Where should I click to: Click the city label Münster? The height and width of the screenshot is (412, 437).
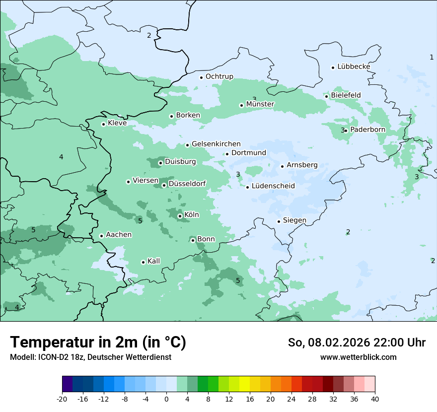coord(260,104)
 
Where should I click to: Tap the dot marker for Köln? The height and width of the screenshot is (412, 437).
coord(180,216)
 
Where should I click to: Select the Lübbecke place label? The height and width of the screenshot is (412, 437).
coord(354,67)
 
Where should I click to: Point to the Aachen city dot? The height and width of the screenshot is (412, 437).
coord(101,236)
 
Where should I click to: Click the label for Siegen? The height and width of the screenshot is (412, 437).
coord(294,220)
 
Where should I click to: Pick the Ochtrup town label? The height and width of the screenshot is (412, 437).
coord(219,76)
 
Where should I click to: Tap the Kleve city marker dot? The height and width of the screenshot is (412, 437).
coord(103,124)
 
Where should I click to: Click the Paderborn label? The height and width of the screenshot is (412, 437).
coord(367,130)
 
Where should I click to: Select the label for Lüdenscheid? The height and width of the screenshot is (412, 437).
coord(273,186)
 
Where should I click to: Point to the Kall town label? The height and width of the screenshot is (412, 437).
coord(154,261)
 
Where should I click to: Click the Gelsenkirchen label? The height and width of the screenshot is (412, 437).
coord(216,144)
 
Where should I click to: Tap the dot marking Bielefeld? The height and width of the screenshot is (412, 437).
coord(326,96)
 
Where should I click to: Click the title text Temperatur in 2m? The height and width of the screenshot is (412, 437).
coord(98,343)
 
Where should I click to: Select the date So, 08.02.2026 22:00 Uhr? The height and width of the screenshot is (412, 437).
coord(357,343)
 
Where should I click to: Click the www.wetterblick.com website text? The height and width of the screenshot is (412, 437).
coord(358,357)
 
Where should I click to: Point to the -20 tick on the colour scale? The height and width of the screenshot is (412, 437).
coord(62,399)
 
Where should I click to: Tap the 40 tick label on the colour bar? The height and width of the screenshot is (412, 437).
coord(375,399)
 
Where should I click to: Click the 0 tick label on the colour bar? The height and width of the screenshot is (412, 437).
coord(166,399)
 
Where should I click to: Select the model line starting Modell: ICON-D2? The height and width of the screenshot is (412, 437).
coord(90,357)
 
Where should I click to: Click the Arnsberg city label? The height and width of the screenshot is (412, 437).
coord(302,165)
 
